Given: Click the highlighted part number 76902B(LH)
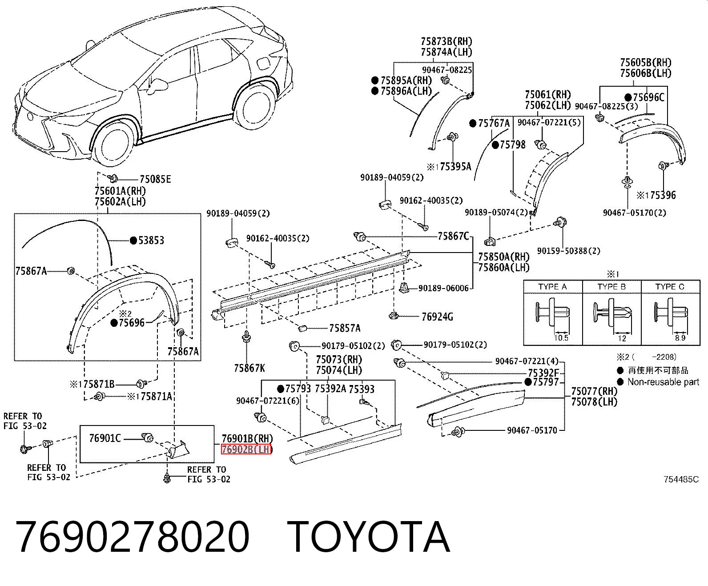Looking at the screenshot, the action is click(246, 450).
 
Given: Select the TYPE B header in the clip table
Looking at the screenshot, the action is click(611, 287).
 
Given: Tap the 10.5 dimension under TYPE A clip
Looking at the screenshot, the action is click(561, 338).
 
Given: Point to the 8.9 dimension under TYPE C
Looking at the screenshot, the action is click(680, 338).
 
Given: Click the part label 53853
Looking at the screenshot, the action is click(151, 241).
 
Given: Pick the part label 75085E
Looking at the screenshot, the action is click(155, 179).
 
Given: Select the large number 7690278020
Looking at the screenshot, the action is click(133, 538).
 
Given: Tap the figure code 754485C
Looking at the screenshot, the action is click(681, 479).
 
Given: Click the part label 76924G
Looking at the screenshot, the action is click(437, 317).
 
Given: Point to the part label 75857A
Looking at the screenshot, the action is click(345, 328).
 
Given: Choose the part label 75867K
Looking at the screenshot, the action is click(249, 368).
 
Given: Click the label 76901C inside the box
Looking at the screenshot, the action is click(105, 438).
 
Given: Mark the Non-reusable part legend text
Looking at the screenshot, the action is click(663, 382).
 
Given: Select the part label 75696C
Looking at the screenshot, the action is click(649, 98).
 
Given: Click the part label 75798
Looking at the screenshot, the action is click(512, 145).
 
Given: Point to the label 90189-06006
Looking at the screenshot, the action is click(443, 288).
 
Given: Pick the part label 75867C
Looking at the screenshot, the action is click(453, 236).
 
